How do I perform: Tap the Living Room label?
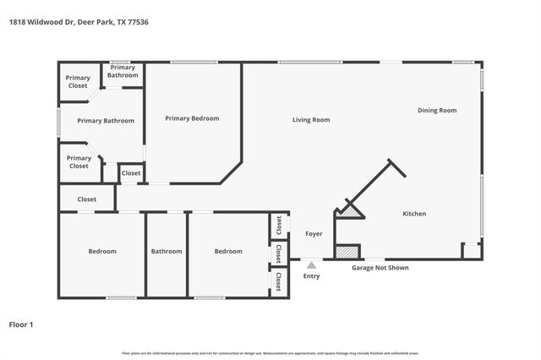click(x=311, y=120)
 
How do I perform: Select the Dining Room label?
click(x=436, y=111)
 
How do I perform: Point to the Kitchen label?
click(x=413, y=214)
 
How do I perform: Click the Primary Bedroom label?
click(x=192, y=118)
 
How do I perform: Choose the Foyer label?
click(x=314, y=233)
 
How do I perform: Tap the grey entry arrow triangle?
click(x=311, y=265)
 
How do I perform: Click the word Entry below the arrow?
click(x=311, y=276)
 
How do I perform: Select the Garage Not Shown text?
click(x=380, y=267)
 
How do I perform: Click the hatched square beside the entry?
click(x=347, y=251)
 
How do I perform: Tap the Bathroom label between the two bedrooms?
click(x=167, y=251)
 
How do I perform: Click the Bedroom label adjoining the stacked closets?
click(x=228, y=251)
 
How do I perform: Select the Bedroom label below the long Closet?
click(x=102, y=251)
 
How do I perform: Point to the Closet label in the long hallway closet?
click(x=86, y=199)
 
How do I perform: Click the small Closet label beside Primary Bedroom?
click(x=131, y=173)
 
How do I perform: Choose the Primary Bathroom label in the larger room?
click(x=106, y=121)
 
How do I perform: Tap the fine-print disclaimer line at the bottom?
click(x=270, y=352)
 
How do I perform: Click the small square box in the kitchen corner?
click(x=471, y=251)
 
